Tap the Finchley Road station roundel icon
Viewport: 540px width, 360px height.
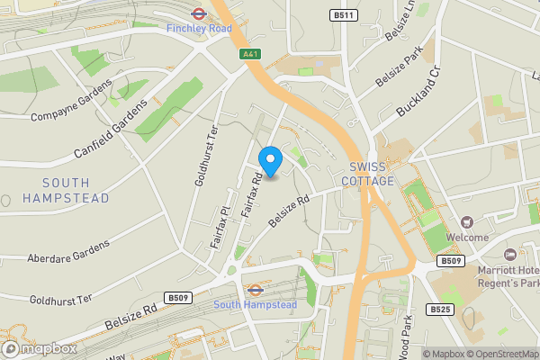pos(199,13)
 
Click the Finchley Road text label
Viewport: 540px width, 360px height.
pos(199,29)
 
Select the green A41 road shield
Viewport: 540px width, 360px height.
pos(251,54)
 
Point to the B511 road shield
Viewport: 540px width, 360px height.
pos(341,15)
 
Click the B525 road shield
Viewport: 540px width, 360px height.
pos(440,310)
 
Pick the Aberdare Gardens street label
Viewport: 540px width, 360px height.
pos(68,249)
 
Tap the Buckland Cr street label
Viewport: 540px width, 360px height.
pos(419,95)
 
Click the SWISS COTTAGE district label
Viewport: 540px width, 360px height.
pos(367,175)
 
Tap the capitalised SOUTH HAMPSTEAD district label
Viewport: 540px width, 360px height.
pos(66,191)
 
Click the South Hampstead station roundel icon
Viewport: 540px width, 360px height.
pos(255,291)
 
